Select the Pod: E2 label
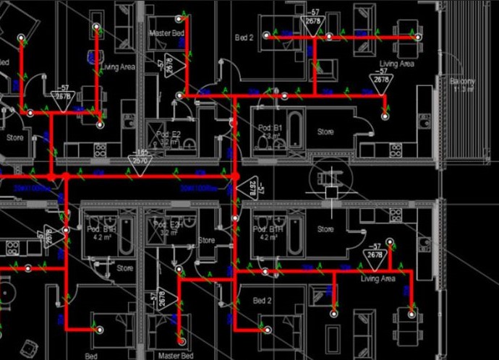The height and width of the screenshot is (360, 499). point(169,134)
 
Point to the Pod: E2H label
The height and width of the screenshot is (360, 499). point(169,225)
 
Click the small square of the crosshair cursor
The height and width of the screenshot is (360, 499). point(331,192)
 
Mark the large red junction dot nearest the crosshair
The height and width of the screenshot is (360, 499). point(235,176)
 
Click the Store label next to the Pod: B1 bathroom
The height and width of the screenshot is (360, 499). point(325,132)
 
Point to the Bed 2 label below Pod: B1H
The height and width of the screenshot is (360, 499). point(262,300)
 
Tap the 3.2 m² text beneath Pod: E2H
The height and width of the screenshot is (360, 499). point(169,233)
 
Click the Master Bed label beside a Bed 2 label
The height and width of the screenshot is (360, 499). point(166,34)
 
